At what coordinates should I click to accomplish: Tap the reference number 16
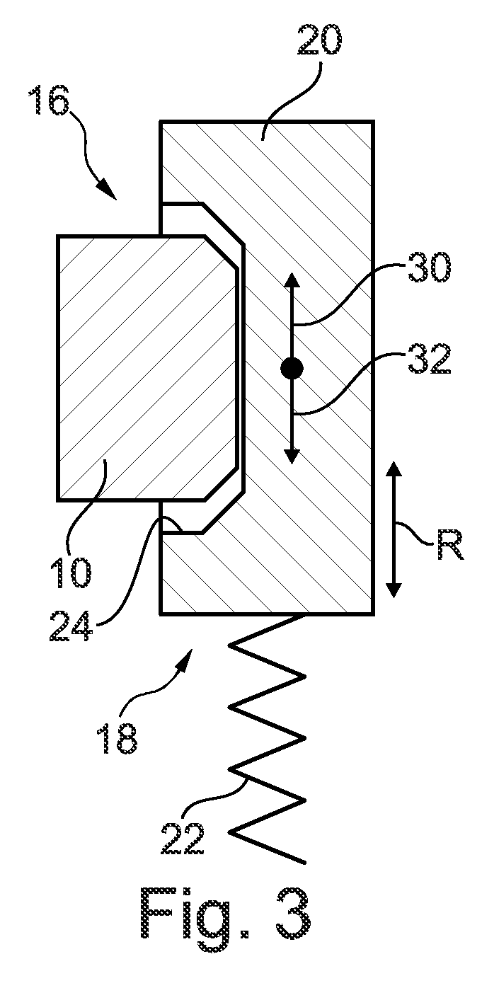point(50,100)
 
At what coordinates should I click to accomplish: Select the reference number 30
point(429,268)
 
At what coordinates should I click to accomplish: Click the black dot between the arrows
point(292,369)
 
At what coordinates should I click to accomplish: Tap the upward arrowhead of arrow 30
point(292,280)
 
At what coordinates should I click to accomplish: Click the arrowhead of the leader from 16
point(108,189)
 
